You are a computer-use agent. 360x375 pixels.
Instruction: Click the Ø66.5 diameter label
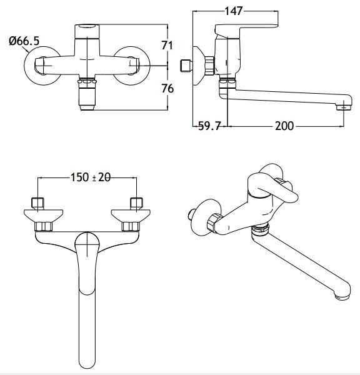[24, 41]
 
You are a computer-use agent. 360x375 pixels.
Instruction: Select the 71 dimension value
[167, 45]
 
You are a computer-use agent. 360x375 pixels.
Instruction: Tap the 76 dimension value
[167, 89]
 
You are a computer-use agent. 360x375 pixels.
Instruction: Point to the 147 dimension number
[234, 11]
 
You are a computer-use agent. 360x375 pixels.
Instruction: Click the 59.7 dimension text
[209, 126]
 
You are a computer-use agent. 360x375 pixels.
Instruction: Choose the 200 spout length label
[284, 126]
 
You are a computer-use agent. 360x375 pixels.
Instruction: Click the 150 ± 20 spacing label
[91, 177]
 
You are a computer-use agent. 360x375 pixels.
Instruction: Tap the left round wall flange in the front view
[42, 66]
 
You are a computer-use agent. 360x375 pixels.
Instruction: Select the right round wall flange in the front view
[132, 66]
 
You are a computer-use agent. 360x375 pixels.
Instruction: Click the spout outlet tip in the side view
[344, 107]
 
